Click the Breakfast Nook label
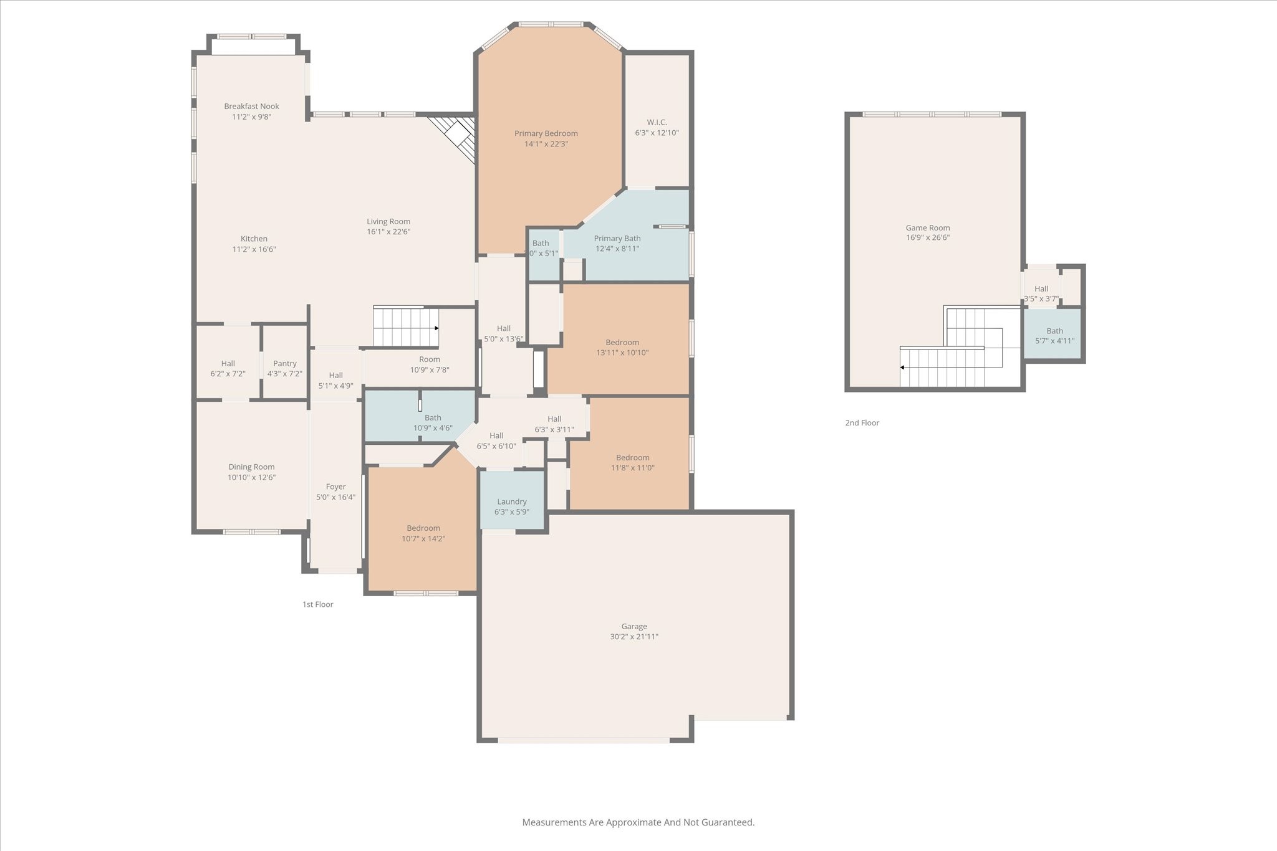[251, 107]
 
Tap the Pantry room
[284, 368]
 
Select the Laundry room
[511, 506]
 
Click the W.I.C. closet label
[657, 122]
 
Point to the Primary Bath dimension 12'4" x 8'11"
[617, 249]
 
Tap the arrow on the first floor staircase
[436, 328]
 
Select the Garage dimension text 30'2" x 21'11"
[634, 637]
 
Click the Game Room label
[927, 228]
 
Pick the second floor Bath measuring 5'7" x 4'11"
[1054, 335]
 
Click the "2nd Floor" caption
[862, 423]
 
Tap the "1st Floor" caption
[317, 604]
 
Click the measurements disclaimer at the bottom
[638, 822]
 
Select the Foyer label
[335, 487]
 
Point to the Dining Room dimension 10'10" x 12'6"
[251, 478]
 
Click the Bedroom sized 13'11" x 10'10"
[622, 347]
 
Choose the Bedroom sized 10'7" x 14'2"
[423, 533]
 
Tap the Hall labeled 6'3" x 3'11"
[554, 424]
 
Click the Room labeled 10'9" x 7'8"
[429, 364]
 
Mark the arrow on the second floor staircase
[902, 368]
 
